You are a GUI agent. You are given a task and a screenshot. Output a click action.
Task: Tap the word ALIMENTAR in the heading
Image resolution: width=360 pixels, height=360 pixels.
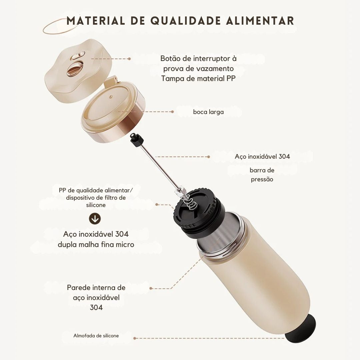click(x=260, y=20)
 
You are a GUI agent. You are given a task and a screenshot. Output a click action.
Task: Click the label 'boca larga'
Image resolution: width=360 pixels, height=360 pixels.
click(x=208, y=112)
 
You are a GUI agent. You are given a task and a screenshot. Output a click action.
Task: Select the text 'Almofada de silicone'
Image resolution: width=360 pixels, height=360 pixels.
click(x=96, y=336)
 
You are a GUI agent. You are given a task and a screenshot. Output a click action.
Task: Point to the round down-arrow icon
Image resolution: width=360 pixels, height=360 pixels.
click(x=95, y=219)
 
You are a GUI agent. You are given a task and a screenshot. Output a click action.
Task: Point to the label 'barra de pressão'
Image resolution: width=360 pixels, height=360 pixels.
click(x=262, y=175)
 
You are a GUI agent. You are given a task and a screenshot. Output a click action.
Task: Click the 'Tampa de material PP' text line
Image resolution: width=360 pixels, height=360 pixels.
click(x=198, y=79)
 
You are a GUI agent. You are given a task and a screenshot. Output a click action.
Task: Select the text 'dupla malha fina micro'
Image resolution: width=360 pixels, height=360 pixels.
click(x=96, y=244)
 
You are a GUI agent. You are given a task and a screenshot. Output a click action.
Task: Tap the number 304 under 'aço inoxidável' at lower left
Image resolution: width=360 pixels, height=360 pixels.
click(x=96, y=307)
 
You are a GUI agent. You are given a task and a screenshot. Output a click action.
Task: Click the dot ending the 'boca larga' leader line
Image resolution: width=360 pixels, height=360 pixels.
click(x=172, y=112)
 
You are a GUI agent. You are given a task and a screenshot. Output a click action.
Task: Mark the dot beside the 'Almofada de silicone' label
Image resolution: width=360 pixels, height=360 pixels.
click(x=135, y=338)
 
